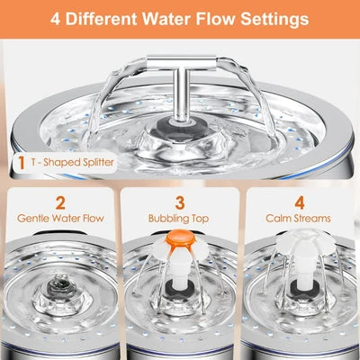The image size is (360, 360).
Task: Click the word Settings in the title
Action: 275,18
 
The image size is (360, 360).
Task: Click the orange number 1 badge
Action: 21,164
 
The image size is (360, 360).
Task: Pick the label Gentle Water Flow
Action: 61,219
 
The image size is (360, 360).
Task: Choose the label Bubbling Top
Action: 180,219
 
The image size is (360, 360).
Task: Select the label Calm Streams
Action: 298,219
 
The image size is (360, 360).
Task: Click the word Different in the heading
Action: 121,18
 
